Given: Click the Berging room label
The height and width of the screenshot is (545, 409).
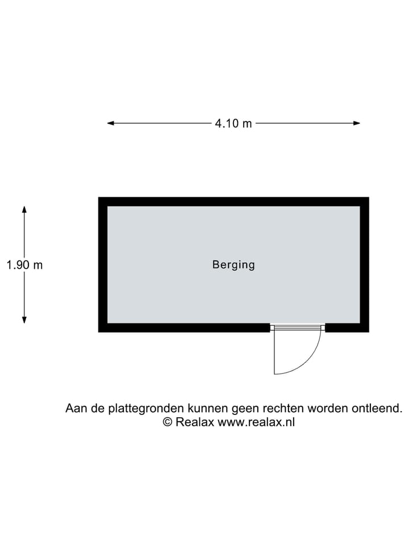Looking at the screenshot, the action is click(x=233, y=265).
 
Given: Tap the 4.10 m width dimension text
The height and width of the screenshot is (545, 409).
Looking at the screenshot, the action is click(x=233, y=123).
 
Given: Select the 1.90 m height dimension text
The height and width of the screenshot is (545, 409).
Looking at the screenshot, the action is click(x=24, y=265).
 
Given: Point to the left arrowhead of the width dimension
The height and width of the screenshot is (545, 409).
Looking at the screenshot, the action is click(x=111, y=123).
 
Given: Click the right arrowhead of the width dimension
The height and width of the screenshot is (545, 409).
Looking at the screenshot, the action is click(x=357, y=123).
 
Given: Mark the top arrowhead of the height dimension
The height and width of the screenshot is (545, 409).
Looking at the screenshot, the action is click(x=24, y=209).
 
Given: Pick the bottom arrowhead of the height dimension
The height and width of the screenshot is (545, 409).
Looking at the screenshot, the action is click(x=24, y=320).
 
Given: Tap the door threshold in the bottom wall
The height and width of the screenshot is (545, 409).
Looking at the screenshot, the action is click(x=297, y=328).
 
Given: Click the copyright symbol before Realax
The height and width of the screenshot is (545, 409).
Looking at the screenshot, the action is click(x=168, y=422).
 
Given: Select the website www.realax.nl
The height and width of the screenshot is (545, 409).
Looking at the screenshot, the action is click(x=256, y=422).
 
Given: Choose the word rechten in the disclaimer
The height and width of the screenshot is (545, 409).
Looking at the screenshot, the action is click(x=283, y=408).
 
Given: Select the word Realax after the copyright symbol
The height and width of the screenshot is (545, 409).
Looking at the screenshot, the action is click(x=195, y=422).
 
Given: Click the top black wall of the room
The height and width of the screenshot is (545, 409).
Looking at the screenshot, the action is click(x=233, y=202).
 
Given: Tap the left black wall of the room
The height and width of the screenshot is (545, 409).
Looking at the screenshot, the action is click(x=103, y=265).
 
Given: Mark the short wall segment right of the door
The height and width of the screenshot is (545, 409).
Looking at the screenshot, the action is click(x=347, y=328).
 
